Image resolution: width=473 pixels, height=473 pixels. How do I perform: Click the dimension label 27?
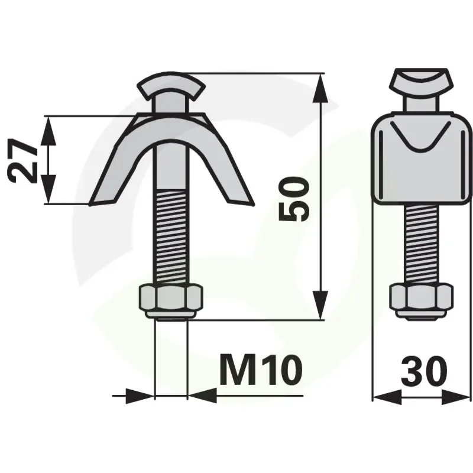22,161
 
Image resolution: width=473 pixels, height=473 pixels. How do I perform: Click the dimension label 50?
294,199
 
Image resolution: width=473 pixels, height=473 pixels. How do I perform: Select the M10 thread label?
261,370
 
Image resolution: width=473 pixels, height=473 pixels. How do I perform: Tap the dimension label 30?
424,372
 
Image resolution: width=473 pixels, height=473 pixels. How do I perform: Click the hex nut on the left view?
171,301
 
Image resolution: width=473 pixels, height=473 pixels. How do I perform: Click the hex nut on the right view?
422,300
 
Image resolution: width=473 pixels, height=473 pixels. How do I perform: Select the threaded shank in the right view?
422,244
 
